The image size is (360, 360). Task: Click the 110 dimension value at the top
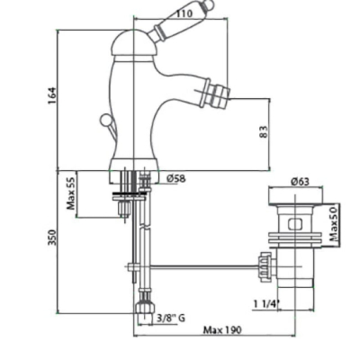pos(184,13)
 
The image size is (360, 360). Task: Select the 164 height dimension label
pos(52,95)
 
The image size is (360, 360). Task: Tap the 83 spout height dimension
pos(263,131)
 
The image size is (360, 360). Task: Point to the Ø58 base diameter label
pos(176,179)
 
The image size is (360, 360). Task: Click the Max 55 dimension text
pos(71,192)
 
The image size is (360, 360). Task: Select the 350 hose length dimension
pos(52,238)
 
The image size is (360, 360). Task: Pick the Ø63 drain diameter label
pos(300,182)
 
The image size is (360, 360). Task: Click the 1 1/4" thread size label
pos(266,304)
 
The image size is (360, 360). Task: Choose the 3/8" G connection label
pos(171,318)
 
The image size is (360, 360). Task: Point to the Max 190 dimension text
pos(222,330)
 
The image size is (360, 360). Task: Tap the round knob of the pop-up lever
pos(104,121)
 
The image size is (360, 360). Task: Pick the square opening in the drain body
pos(295,224)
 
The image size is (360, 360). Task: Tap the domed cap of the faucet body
pos(131,42)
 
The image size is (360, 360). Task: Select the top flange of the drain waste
pos(296,196)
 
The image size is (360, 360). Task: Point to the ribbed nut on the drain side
pos(265,265)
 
